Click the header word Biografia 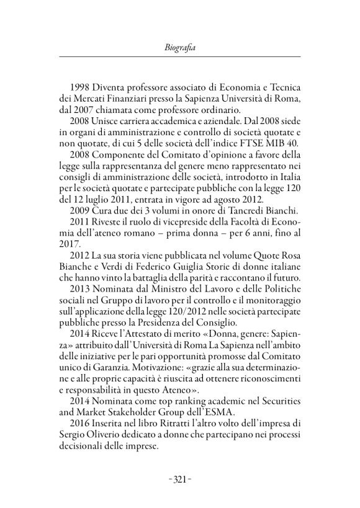(180, 45)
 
